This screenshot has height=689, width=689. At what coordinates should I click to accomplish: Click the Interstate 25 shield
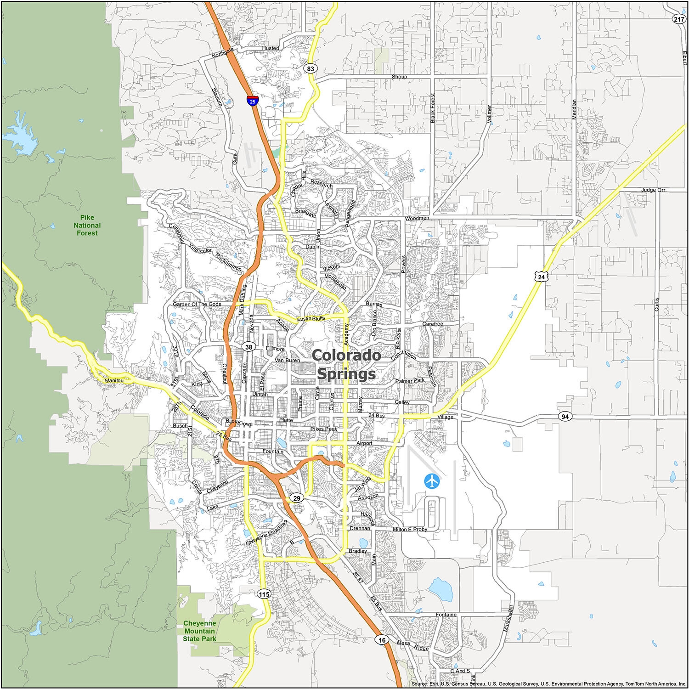252,101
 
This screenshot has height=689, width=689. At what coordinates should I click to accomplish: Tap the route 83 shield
311,69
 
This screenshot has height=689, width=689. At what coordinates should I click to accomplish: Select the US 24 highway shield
542,277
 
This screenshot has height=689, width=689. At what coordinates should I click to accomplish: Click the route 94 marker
565,417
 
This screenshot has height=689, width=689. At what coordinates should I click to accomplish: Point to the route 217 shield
678,19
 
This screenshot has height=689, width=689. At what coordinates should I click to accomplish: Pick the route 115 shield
264,594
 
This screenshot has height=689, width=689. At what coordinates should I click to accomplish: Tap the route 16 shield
382,640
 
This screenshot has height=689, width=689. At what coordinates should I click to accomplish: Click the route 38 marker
248,347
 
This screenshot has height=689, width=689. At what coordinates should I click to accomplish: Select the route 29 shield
297,498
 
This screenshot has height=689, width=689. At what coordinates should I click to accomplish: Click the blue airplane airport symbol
432,481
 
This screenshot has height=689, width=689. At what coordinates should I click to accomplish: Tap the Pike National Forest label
87,225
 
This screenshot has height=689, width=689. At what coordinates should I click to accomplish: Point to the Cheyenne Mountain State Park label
199,631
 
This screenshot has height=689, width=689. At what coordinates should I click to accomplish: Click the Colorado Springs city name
346,365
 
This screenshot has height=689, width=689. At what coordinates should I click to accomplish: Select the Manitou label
114,381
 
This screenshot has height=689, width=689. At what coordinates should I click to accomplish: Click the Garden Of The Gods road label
197,304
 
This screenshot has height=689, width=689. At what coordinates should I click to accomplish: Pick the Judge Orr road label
653,190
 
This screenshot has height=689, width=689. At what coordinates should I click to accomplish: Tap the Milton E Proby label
410,529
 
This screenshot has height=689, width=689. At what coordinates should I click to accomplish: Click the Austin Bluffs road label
311,318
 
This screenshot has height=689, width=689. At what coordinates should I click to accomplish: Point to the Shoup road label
399,77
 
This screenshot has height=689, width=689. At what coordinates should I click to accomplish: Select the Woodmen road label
417,218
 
